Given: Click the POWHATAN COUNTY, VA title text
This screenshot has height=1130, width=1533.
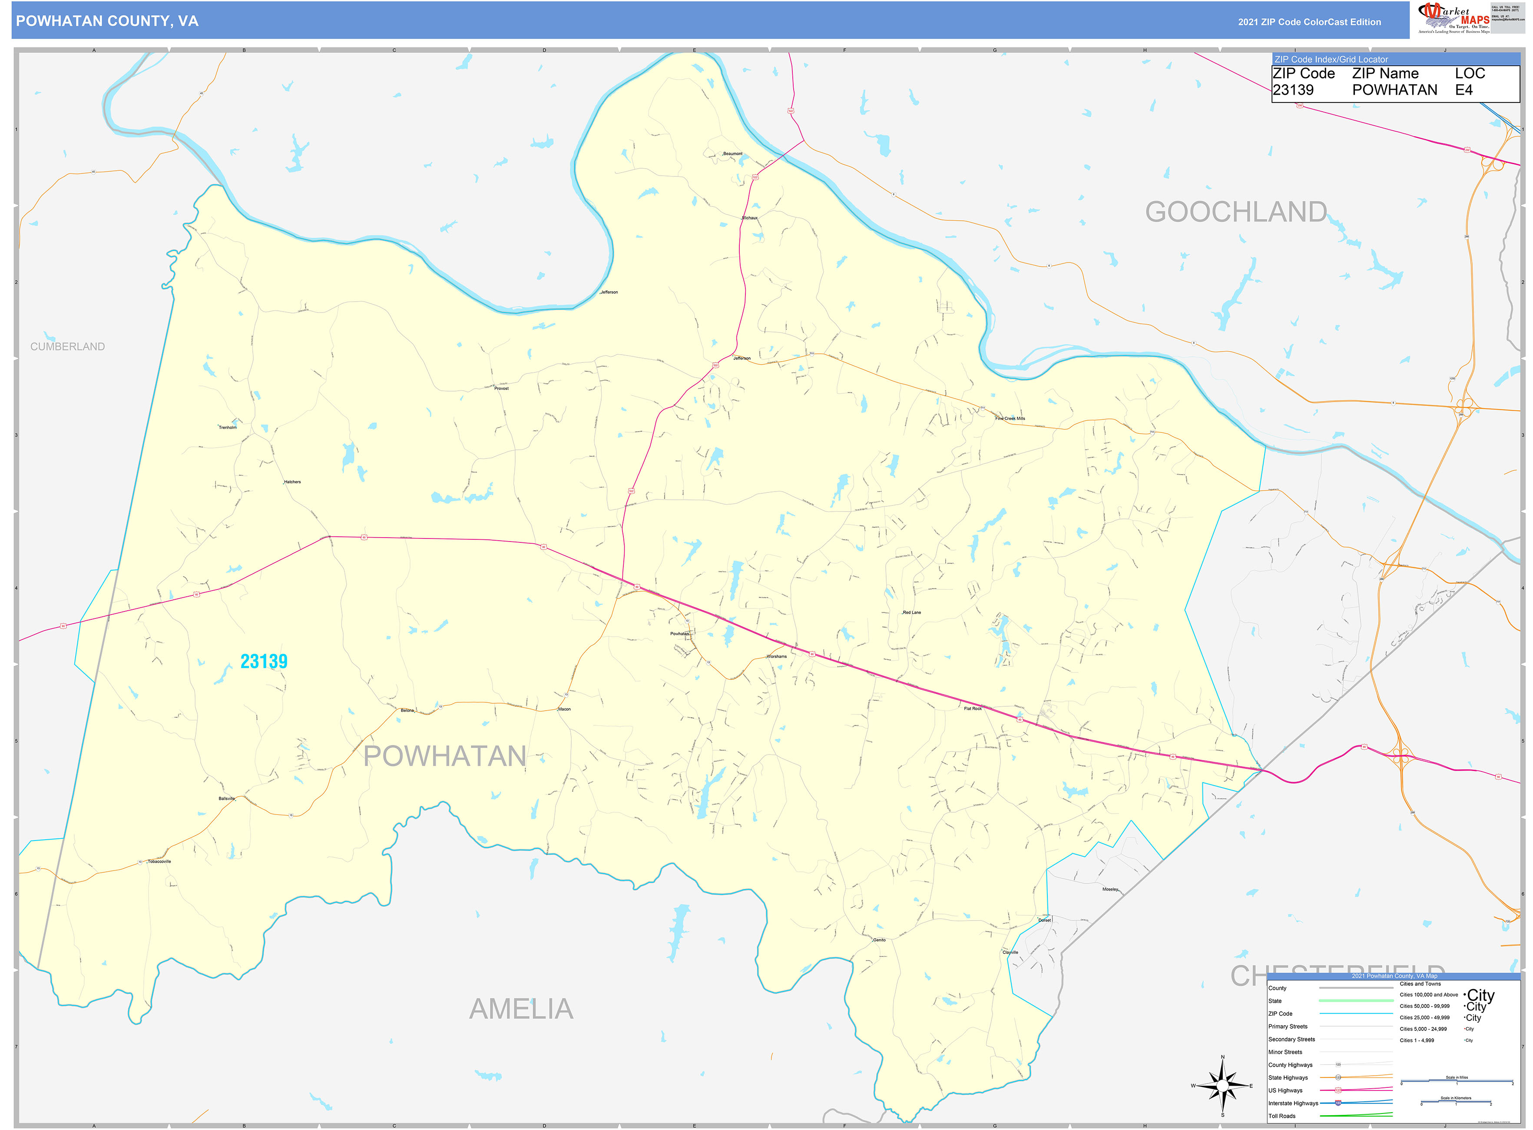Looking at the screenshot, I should (x=107, y=21).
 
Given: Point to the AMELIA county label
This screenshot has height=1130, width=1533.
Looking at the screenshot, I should (x=521, y=1009).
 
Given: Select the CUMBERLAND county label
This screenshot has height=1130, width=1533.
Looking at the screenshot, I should (x=68, y=347).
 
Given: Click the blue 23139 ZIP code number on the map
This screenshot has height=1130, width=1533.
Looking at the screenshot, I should (x=264, y=661).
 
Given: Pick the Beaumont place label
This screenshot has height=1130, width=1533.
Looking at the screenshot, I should (x=732, y=154).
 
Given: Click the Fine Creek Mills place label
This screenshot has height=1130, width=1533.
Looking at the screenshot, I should (x=1010, y=419).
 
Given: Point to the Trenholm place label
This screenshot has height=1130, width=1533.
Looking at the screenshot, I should (x=228, y=428).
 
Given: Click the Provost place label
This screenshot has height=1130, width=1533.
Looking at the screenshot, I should (x=501, y=389).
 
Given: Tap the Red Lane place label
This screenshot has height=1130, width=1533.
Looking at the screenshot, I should (x=911, y=613).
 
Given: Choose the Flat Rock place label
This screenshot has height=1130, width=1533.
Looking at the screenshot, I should (x=972, y=709).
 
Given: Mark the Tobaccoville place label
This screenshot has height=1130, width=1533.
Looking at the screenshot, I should (x=159, y=862).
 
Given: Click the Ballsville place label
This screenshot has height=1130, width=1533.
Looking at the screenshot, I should (x=226, y=799).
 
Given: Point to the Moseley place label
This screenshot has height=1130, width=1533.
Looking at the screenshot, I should (x=1110, y=889).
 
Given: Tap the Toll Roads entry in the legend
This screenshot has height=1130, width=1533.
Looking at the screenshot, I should (x=1282, y=1116).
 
